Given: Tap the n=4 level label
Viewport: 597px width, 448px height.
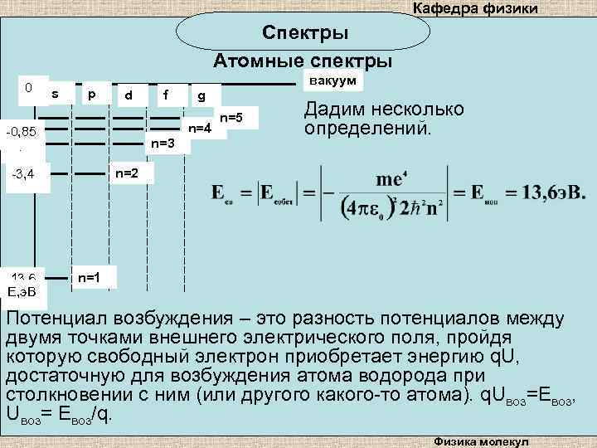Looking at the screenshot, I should (x=200, y=129).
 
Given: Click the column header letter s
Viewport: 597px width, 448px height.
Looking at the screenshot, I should (x=55, y=95).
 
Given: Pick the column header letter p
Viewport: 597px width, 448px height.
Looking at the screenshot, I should (x=92, y=95).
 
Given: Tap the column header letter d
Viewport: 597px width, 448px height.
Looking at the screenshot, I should (x=129, y=95).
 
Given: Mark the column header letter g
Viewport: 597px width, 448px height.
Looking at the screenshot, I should (x=201, y=96).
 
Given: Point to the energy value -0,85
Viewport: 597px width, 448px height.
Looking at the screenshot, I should (x=21, y=132).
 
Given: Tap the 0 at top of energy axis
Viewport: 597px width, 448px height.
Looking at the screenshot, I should (x=28, y=86).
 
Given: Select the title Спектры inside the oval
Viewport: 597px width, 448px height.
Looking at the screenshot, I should (x=305, y=33).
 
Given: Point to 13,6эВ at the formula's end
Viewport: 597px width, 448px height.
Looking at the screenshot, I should (x=555, y=192).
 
